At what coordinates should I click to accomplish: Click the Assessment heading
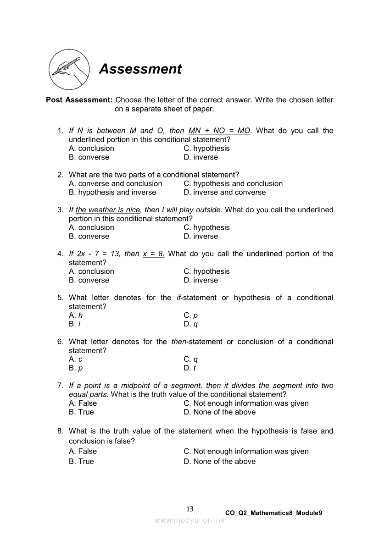140,69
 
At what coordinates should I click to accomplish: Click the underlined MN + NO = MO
219,131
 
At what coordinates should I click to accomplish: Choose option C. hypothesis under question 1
206,149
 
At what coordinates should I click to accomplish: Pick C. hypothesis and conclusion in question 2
233,184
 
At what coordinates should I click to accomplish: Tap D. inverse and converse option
224,193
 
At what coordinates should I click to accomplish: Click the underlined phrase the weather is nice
108,210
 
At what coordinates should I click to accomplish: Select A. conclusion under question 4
91,271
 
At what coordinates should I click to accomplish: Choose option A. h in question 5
76,315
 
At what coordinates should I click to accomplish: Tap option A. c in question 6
76,359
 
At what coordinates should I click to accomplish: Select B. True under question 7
81,412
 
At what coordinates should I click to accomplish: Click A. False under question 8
83,452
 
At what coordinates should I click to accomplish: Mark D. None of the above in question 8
219,462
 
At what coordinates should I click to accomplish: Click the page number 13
190,509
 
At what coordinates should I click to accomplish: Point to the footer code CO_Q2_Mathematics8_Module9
273,513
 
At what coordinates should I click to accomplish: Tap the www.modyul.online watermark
189,520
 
